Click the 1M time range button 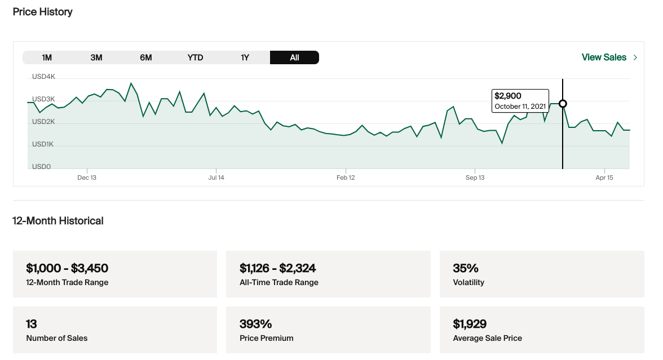coord(47,57)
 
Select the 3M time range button coord(96,57)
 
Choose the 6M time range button coord(146,57)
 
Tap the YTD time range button coord(195,57)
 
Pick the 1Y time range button coord(245,57)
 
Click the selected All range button coord(294,57)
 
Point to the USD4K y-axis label coord(44,77)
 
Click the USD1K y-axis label coord(43,144)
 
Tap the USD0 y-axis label coord(41,167)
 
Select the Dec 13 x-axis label coord(87,177)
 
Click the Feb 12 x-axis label coord(346,177)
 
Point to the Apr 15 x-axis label coord(604,177)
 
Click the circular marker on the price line coord(563,104)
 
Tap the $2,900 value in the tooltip coord(508,96)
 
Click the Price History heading coord(43,12)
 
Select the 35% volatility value coord(466,268)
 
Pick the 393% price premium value coord(256,324)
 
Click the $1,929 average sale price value coord(470,324)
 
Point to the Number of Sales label coord(57,338)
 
